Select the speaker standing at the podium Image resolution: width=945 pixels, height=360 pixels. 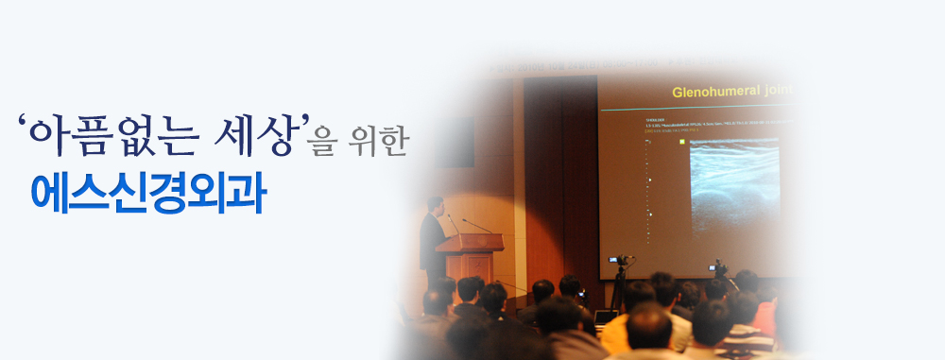click(432, 241)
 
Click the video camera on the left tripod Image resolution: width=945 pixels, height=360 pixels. click(619, 260)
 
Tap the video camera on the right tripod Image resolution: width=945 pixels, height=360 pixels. click(720, 267)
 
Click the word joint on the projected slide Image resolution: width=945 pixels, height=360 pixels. click(773, 93)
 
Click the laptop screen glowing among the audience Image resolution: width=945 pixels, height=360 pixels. click(605, 315)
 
